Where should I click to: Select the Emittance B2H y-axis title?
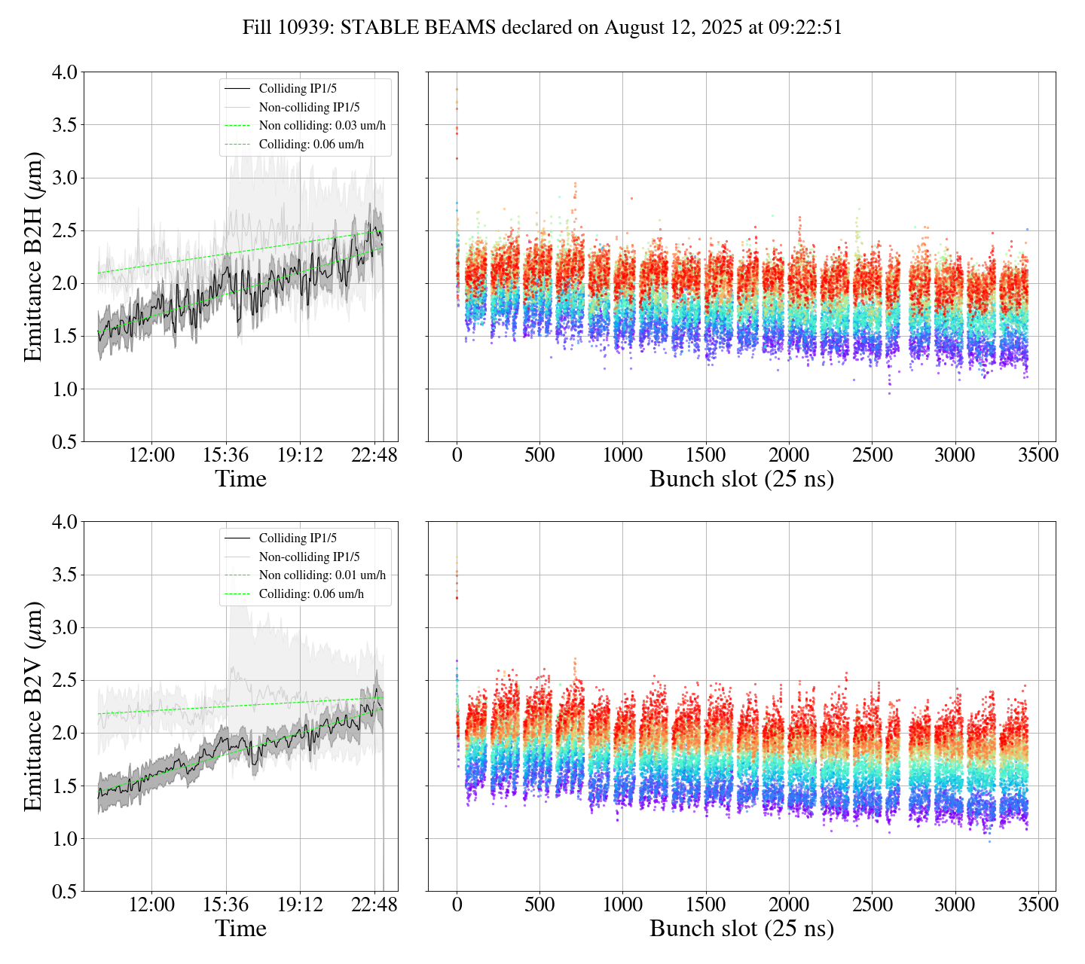(33, 256)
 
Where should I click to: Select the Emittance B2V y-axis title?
(33, 706)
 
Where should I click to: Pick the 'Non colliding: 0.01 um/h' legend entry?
(322, 575)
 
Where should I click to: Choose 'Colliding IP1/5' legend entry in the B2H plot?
(298, 89)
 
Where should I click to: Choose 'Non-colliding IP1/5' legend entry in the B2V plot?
(309, 557)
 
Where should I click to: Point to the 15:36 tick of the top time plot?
(226, 455)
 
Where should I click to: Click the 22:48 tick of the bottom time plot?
(374, 905)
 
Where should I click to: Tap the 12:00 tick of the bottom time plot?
(151, 905)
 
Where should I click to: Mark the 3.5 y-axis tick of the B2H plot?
(64, 124)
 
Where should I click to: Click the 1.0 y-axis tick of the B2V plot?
(64, 838)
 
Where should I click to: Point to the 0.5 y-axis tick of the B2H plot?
(64, 441)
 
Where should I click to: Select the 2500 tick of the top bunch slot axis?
(872, 455)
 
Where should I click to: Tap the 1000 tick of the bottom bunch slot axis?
(622, 905)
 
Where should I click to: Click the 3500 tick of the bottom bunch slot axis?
(1038, 905)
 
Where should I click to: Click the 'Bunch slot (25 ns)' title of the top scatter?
(741, 479)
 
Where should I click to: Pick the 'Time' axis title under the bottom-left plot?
(241, 929)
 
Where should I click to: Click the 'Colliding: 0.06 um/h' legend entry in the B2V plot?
(311, 594)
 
